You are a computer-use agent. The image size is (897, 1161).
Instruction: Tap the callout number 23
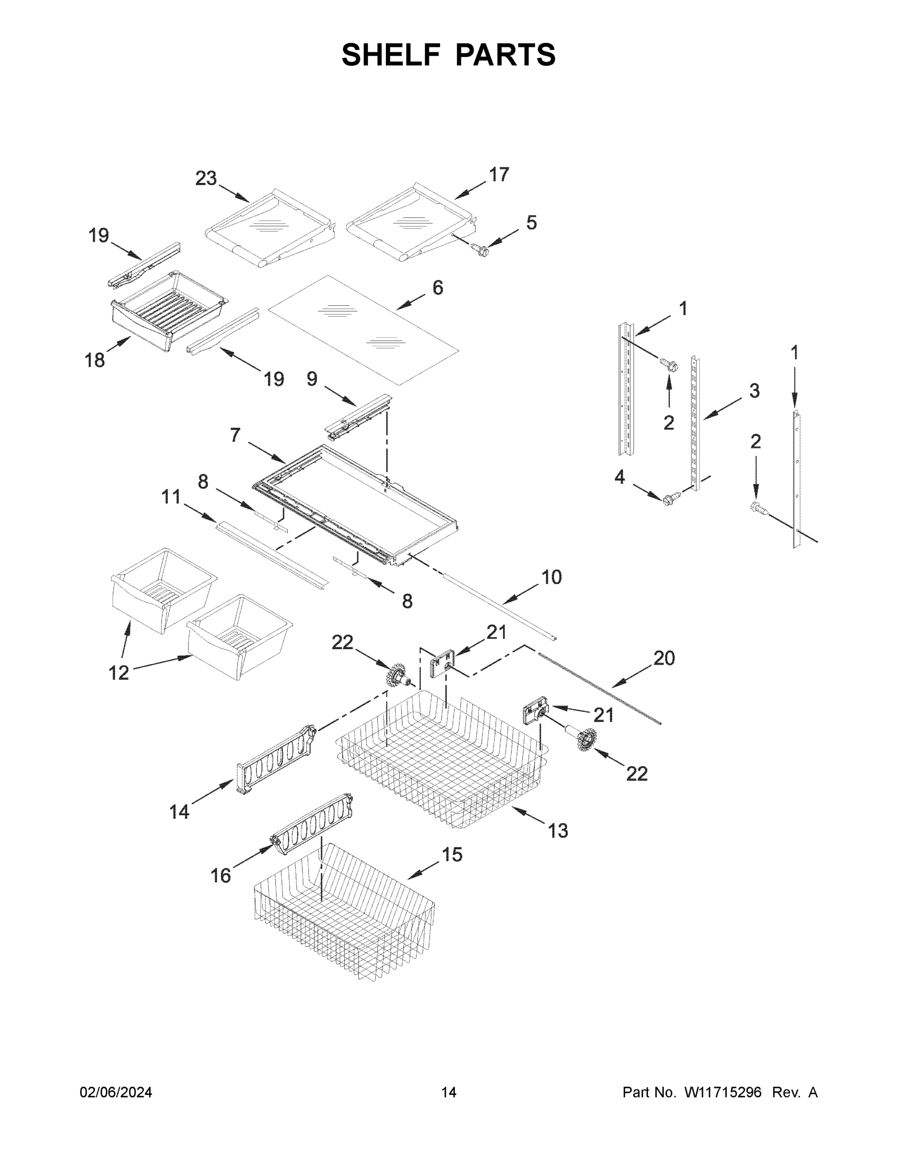[x=206, y=179]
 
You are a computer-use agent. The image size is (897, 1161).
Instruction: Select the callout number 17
[x=499, y=174]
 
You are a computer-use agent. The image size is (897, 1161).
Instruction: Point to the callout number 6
[x=437, y=288]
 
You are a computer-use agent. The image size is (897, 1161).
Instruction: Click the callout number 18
[x=95, y=360]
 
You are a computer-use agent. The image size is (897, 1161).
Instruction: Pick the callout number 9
[x=312, y=379]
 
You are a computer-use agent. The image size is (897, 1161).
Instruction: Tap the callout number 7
[x=235, y=435]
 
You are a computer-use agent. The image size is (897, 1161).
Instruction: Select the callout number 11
[x=171, y=497]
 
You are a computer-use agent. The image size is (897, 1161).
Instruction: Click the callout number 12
[x=118, y=672]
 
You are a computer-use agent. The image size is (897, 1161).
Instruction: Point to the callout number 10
[x=552, y=577]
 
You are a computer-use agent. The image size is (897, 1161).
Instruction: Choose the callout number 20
[x=664, y=658]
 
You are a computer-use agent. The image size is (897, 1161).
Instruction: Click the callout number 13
[x=558, y=830]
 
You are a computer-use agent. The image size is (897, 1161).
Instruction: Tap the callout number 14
[x=179, y=812]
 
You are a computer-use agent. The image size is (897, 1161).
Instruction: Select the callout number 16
[x=221, y=876]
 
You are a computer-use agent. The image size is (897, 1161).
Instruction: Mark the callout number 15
[x=452, y=854]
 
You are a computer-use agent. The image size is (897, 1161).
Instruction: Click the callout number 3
[x=754, y=391]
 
